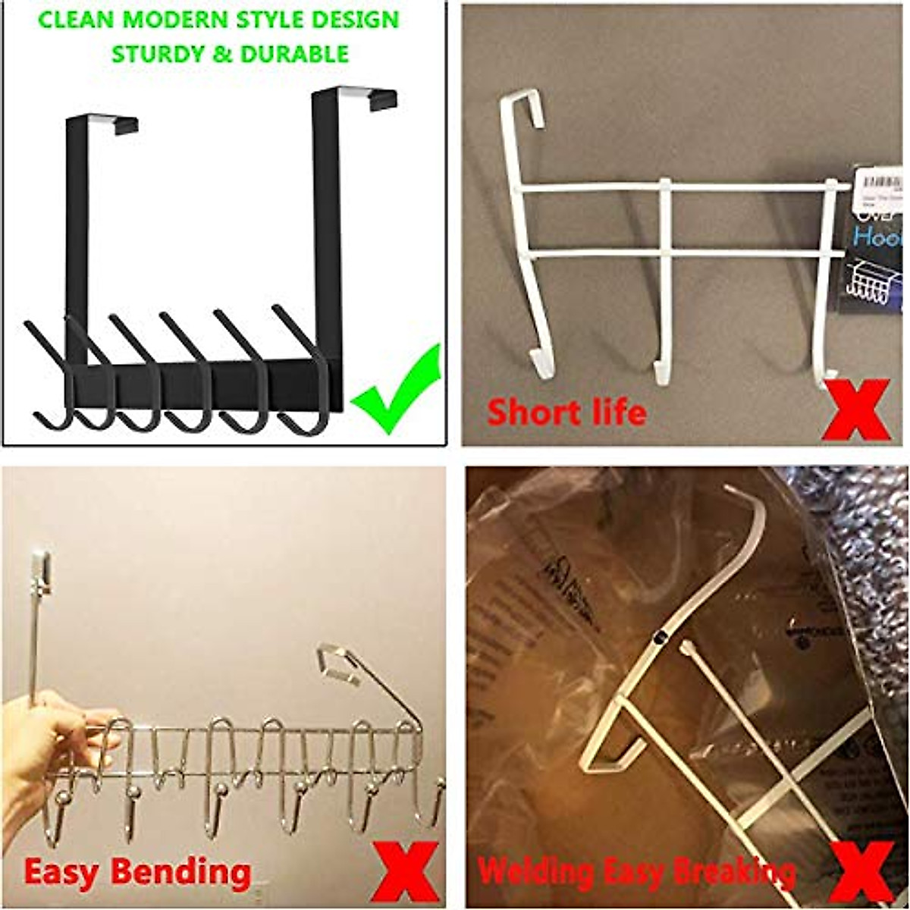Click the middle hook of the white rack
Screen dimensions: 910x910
point(665,303)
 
